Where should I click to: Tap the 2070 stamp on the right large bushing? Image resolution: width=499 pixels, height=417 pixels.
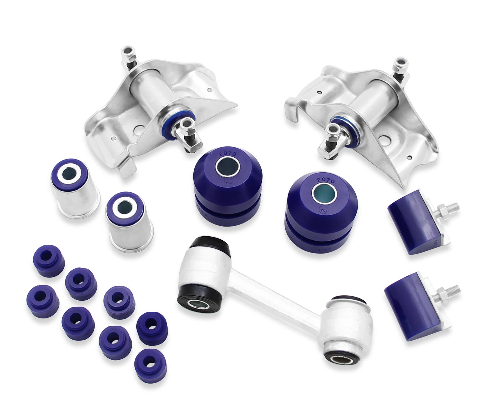(x=326, y=180)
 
